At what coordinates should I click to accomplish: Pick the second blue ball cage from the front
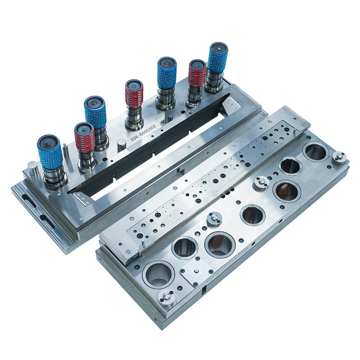click(x=95, y=113)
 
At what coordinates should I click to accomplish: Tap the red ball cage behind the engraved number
click(x=134, y=94)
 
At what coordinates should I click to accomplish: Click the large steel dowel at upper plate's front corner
click(x=32, y=169)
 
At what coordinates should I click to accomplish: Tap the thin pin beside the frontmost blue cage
click(x=66, y=151)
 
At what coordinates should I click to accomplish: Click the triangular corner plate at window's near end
click(x=81, y=197)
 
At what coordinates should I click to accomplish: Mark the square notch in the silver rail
click(x=179, y=171)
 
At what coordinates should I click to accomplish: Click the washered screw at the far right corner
click(x=339, y=157)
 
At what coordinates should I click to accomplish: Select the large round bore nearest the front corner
click(x=158, y=274)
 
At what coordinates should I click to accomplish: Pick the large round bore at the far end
click(x=316, y=152)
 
